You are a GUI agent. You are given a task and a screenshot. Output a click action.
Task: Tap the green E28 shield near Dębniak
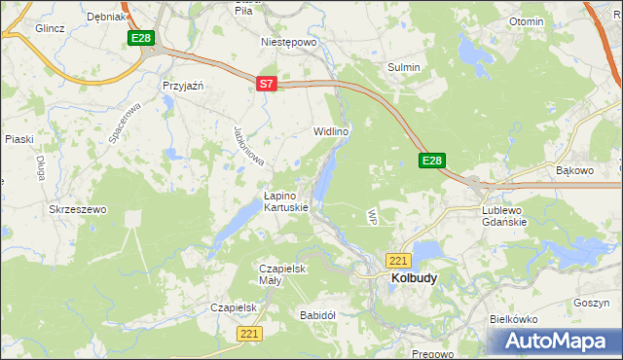(x=141, y=38)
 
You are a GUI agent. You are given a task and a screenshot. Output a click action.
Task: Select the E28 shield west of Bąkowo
(x=433, y=161)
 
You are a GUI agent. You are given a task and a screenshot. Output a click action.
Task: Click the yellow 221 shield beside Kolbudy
(x=399, y=261)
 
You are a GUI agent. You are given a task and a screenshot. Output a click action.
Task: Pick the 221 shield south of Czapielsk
(x=249, y=334)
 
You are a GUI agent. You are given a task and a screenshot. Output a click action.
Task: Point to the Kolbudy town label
(x=414, y=277)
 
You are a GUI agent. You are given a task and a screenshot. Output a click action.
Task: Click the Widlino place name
(x=331, y=130)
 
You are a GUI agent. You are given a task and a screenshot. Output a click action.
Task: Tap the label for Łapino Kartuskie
(x=286, y=201)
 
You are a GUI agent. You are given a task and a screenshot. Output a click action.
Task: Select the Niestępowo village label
(x=289, y=43)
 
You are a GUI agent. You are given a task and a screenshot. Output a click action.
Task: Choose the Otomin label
(x=527, y=21)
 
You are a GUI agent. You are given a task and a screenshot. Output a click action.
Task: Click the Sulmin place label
(x=404, y=67)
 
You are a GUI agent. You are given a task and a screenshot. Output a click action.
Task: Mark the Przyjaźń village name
(x=183, y=86)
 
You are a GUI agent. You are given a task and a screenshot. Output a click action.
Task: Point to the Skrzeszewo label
(x=77, y=209)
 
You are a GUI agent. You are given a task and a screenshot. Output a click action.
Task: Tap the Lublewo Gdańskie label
(x=504, y=215)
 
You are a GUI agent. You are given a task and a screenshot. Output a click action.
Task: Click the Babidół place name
(x=317, y=315)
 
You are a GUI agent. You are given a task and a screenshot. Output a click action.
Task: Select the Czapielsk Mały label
(x=283, y=274)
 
